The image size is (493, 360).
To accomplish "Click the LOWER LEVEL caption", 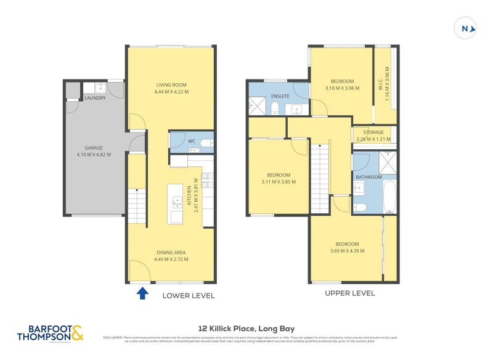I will point(188,296).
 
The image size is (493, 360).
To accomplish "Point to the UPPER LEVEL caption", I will point(349,293).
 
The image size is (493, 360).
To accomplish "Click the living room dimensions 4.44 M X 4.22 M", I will point(171,92).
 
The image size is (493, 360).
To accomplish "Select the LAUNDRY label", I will point(95,98).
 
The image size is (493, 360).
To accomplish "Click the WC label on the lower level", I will point(192,141).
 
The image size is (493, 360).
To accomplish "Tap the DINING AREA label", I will point(171,252).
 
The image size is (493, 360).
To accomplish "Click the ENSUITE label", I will point(280,97).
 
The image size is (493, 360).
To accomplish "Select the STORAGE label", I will point(373,133).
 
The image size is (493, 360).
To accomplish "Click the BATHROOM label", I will point(369,177).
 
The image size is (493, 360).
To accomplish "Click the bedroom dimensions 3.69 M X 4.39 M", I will point(347,251).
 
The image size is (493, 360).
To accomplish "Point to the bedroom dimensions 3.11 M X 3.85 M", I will point(278,182).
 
